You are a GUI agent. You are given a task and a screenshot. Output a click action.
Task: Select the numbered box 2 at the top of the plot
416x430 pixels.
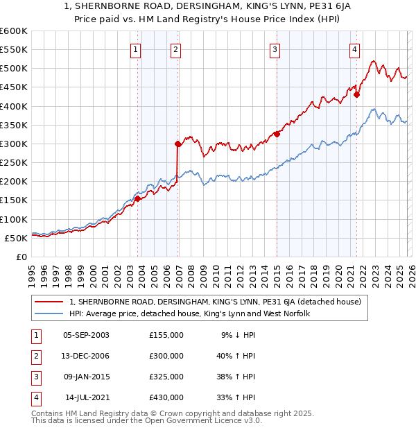tap(176, 49)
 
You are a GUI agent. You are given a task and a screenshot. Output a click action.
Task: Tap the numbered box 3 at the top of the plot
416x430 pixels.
tap(275, 49)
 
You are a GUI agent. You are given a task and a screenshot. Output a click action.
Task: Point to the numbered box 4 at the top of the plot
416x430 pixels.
tap(354, 49)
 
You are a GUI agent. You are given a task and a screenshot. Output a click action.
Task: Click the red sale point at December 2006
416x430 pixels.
tap(178, 144)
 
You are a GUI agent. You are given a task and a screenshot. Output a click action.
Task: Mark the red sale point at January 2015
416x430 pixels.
tap(277, 135)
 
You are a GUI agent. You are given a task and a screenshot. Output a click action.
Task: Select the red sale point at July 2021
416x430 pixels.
tap(356, 95)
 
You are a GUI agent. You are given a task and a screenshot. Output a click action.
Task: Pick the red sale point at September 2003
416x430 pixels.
tap(138, 198)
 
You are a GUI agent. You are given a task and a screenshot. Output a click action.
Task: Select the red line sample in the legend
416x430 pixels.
tap(49, 302)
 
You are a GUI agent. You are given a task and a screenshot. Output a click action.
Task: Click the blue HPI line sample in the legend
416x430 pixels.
tap(49, 314)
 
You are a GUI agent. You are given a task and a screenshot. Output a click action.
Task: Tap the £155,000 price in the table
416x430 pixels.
tap(166, 335)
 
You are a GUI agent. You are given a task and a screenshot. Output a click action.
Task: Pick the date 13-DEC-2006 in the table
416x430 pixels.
tap(86, 356)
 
